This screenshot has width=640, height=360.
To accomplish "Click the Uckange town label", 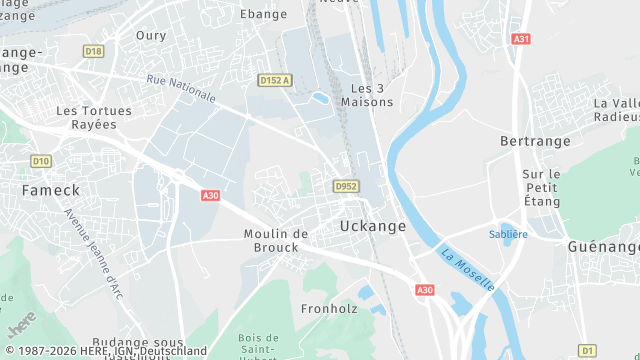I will pyautogui.click(x=373, y=226).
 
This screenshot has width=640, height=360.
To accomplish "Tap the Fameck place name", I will pyautogui.click(x=44, y=188).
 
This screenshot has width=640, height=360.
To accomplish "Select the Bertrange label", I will pyautogui.click(x=534, y=141).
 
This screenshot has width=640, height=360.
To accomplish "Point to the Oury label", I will pyautogui.click(x=152, y=35).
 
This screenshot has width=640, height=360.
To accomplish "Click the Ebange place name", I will pyautogui.click(x=264, y=14).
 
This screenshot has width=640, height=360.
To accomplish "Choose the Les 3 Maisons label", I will pyautogui.click(x=361, y=95).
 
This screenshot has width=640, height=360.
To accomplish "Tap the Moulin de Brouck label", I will pyautogui.click(x=276, y=240).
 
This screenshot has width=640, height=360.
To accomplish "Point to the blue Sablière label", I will pyautogui.click(x=508, y=234).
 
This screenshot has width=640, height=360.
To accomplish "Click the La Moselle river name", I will pyautogui.click(x=468, y=269).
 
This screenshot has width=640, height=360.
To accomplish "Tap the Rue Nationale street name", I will pyautogui.click(x=181, y=87).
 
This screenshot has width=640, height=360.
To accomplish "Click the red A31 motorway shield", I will pyautogui.click(x=520, y=39).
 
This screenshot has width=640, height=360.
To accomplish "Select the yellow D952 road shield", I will pyautogui.click(x=346, y=186).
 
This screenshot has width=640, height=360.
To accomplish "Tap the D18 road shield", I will pyautogui.click(x=93, y=51).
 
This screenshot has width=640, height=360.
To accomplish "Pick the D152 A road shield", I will pyautogui.click(x=274, y=80).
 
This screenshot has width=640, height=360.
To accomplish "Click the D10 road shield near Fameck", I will pyautogui.click(x=40, y=160).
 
